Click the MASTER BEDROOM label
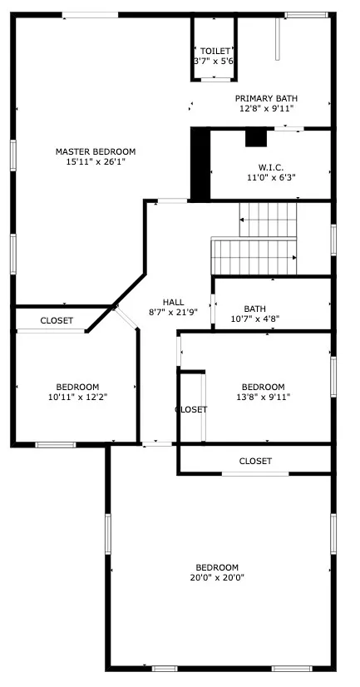point(95,151)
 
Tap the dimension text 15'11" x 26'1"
point(95,162)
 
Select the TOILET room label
point(214,52)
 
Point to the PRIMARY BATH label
point(266,97)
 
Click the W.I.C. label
point(271,166)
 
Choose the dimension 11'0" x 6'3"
point(271,177)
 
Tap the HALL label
point(173,302)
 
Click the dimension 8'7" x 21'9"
point(173,313)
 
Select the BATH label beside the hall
point(254,309)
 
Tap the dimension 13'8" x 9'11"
point(263,398)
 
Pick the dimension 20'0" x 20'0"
point(216,578)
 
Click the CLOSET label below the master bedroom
point(57,320)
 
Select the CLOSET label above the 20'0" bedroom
point(255,461)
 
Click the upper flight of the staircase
point(269,220)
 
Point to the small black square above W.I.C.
point(255,137)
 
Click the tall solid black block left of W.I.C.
point(200,164)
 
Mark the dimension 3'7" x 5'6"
point(214,62)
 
